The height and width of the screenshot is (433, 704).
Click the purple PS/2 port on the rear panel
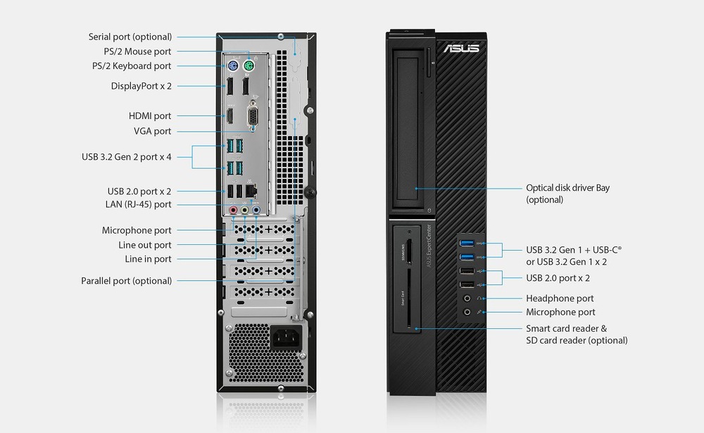pyautogui.click(x=232, y=66)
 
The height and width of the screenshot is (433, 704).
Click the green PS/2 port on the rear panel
pyautogui.click(x=249, y=66)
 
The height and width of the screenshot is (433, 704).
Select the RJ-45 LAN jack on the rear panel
pyautogui.click(x=251, y=191)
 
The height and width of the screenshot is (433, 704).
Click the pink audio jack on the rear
pyautogui.click(x=233, y=209)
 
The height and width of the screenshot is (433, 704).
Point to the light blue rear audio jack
pyautogui.click(x=256, y=209)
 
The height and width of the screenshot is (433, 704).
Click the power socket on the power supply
pyautogui.click(x=286, y=337)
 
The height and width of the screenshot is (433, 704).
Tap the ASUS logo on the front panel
pyautogui.click(x=462, y=48)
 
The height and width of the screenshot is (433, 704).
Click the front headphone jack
pyautogui.click(x=467, y=299)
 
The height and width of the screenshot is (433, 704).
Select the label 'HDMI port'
pyautogui.click(x=150, y=116)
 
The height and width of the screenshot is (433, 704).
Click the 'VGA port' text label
pyautogui.click(x=152, y=131)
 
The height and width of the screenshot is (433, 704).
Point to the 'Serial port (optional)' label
pyautogui.click(x=130, y=37)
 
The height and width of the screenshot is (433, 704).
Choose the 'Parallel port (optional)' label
pyautogui.click(x=126, y=281)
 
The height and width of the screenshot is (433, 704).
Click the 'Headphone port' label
pyautogui.click(x=560, y=299)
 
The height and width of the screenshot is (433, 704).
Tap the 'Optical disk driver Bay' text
pyautogui.click(x=568, y=188)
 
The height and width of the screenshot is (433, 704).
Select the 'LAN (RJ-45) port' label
pyautogui.click(x=138, y=204)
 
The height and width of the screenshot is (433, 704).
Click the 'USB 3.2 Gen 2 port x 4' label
pyautogui.click(x=127, y=157)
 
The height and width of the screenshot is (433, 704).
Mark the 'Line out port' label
pyautogui.click(x=145, y=245)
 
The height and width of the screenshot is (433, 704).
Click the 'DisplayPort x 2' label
pyautogui.click(x=142, y=86)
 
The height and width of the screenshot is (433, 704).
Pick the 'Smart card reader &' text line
pyautogui.click(x=567, y=328)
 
